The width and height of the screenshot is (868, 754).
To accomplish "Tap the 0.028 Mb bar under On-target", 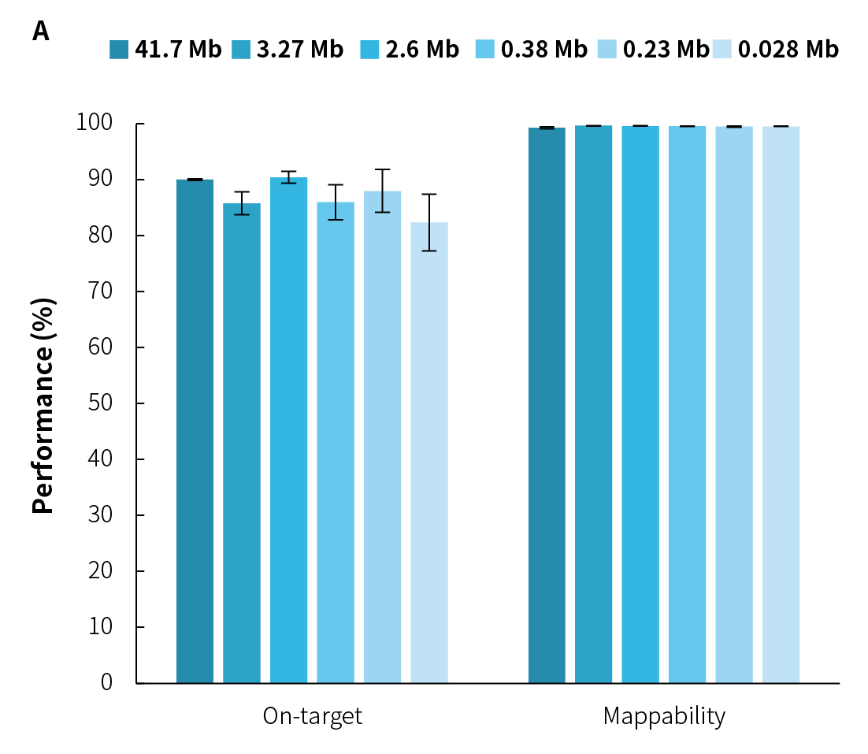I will tap(429, 452).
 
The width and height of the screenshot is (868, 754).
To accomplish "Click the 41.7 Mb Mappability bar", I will tap(547, 405).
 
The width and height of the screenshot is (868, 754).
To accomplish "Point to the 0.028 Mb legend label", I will tap(788, 50).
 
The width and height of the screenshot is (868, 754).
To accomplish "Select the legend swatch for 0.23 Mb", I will tap(611, 50).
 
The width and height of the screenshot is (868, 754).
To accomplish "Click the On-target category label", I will tap(313, 716).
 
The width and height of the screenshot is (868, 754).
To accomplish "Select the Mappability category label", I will tap(664, 716).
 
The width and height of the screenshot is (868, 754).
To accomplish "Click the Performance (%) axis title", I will tap(45, 404).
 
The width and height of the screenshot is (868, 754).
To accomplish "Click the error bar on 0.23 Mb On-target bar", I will tap(383, 191).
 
